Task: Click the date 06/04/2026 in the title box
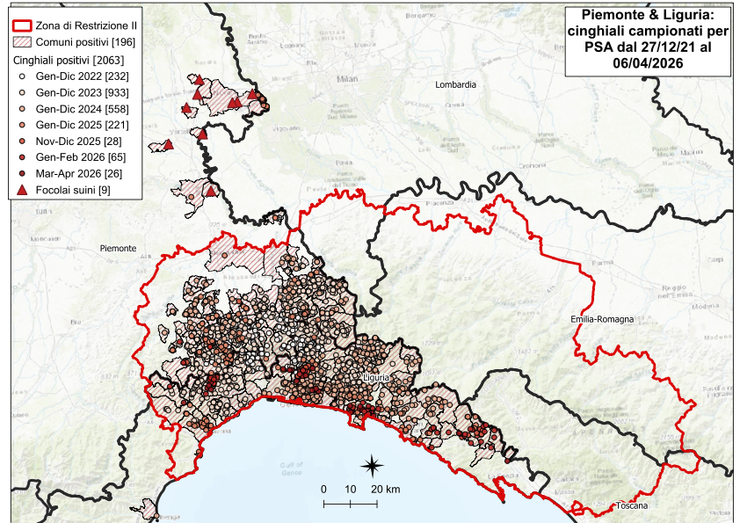pos(639,64)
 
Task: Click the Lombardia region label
pos(455,84)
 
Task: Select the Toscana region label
pos(631,508)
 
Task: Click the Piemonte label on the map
pos(118,249)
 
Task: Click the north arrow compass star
pos(373,465)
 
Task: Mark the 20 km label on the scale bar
pos(385,489)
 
